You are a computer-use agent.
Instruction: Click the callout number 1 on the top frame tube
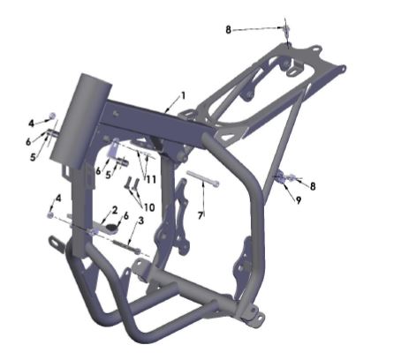183,95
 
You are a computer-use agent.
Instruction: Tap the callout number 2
113,209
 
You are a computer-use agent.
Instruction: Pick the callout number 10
148,206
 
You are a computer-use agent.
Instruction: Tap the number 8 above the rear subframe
228,29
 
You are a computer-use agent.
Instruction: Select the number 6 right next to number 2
125,215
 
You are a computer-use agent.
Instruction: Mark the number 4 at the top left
30,123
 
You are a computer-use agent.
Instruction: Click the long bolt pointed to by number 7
203,182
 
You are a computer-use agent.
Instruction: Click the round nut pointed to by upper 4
52,116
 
